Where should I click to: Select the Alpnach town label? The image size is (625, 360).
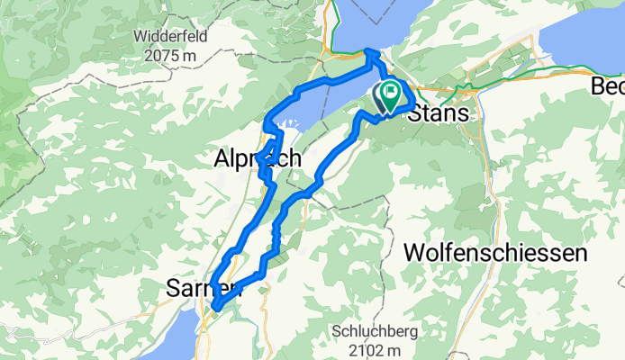257,158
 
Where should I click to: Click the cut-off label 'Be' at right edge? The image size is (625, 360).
609,86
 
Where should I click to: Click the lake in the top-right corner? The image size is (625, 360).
585,40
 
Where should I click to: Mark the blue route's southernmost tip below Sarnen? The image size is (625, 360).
216,310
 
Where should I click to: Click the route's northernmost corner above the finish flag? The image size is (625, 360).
370,54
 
